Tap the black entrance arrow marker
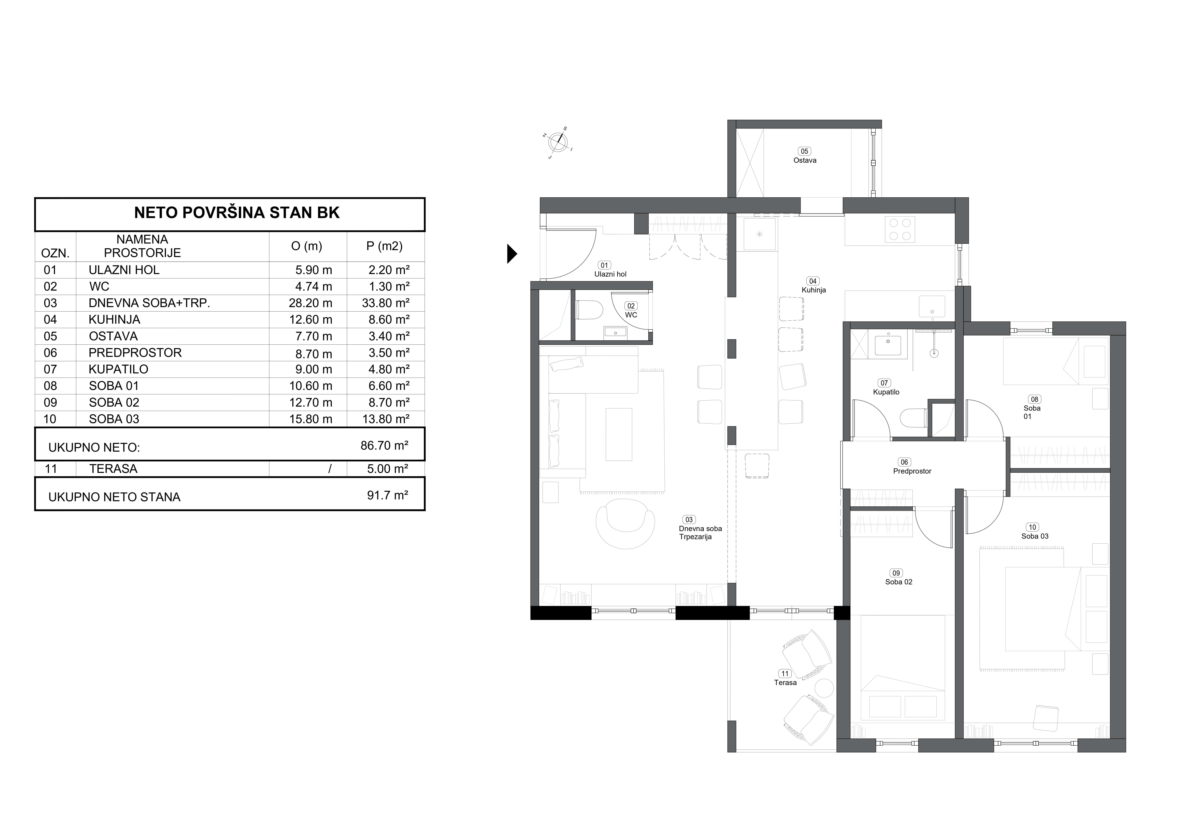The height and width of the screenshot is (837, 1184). (512, 254)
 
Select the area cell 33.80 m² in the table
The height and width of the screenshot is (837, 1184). (386, 303)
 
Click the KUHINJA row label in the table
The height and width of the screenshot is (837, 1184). (114, 320)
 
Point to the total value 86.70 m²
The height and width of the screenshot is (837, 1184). (385, 445)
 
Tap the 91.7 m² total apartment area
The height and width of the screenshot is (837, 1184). (388, 495)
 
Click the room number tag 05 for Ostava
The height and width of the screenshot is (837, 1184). (805, 151)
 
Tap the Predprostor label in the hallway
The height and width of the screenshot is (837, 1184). (912, 471)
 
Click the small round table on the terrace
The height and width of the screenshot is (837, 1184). (824, 688)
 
